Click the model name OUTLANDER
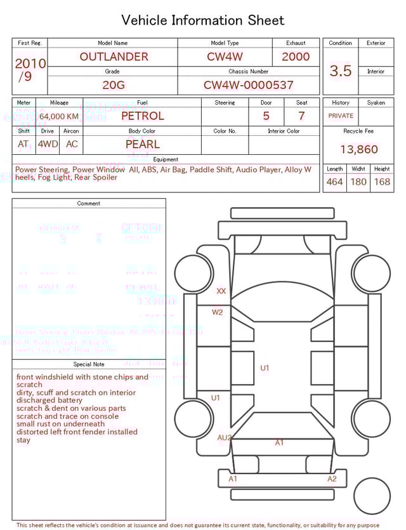tap(114, 56)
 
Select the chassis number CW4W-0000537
tap(248, 85)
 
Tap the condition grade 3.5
tap(341, 71)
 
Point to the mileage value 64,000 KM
tap(59, 117)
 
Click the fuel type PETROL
tap(142, 116)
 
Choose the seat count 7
tap(301, 116)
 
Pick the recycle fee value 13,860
tap(358, 150)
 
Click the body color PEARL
tap(142, 144)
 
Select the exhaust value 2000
tap(296, 56)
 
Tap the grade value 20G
tap(112, 85)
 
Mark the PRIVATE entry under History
tap(341, 116)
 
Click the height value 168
tap(382, 182)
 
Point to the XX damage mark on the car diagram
tap(221, 291)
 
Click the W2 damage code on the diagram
tap(218, 312)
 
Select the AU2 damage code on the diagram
tap(225, 438)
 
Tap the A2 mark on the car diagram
tap(332, 479)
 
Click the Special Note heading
tap(89, 364)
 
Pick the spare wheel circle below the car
tap(371, 496)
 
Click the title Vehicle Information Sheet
tap(203, 20)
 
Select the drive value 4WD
tap(48, 144)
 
